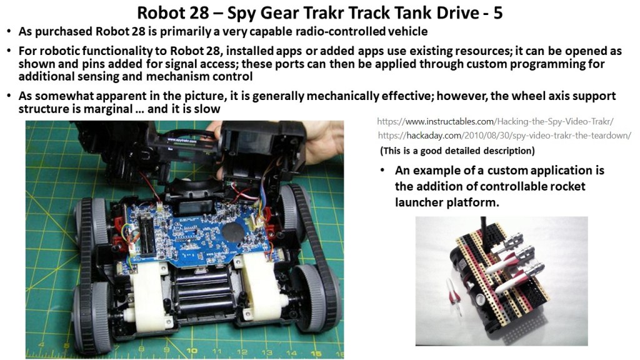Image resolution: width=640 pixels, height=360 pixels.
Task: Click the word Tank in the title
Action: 421,12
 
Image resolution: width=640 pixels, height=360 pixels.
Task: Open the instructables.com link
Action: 495,121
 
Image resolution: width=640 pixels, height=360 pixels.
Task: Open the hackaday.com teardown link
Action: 504,135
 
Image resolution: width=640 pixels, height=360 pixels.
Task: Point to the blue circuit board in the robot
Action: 199,232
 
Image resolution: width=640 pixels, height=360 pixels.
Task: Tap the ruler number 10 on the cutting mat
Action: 191,351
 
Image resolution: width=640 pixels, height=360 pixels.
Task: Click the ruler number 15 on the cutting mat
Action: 316,353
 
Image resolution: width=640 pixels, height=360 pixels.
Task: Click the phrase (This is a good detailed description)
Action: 457,151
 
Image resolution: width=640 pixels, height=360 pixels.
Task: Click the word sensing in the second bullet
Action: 122,77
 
